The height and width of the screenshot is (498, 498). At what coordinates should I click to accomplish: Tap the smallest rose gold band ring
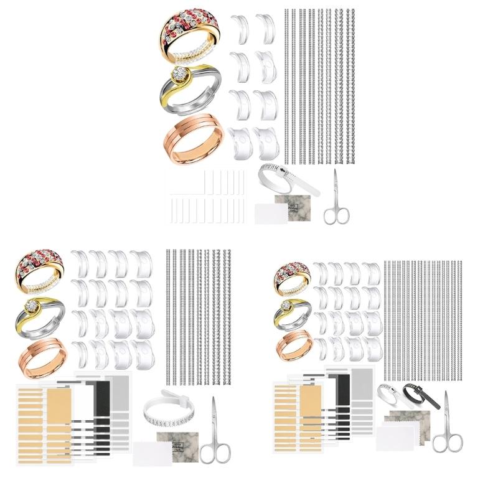pyautogui.click(x=293, y=344)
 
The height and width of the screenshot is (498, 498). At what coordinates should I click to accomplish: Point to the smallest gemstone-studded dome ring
pyautogui.click(x=293, y=276)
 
